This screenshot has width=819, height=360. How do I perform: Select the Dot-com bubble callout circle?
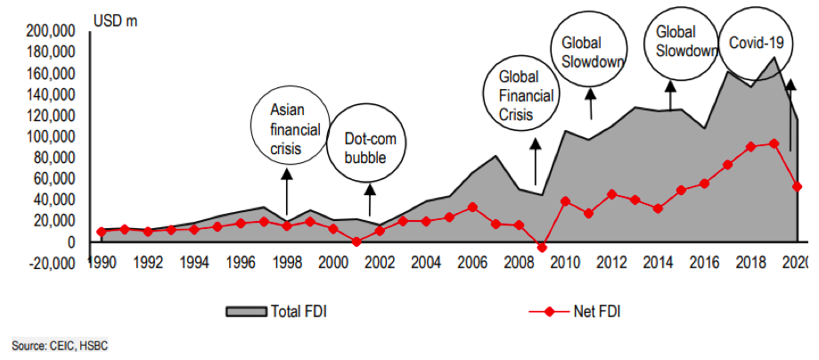[368, 147]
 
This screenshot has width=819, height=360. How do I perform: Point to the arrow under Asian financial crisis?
[286, 189]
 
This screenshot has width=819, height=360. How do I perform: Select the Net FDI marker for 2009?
[542, 247]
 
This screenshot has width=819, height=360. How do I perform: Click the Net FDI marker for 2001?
[356, 241]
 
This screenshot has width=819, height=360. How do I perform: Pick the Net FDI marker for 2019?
[774, 143]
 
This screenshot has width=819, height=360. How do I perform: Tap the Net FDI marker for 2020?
[797, 186]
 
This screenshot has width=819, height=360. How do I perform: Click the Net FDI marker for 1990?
[102, 232]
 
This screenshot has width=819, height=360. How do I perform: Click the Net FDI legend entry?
[580, 311]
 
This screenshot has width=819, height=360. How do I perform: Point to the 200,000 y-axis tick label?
[51, 31]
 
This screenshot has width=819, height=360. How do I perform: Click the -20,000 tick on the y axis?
[51, 263]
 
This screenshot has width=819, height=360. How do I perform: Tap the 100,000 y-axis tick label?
[51, 136]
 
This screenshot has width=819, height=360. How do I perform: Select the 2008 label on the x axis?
[519, 263]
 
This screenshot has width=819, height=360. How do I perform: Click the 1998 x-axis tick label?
[286, 263]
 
